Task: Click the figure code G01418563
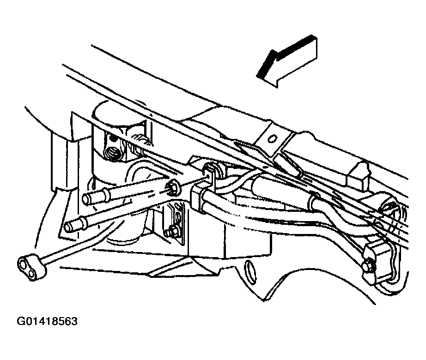(47, 321)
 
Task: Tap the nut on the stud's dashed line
(172, 187)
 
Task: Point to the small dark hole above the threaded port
(111, 139)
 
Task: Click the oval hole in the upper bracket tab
(272, 139)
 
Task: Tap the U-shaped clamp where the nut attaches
(211, 174)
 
